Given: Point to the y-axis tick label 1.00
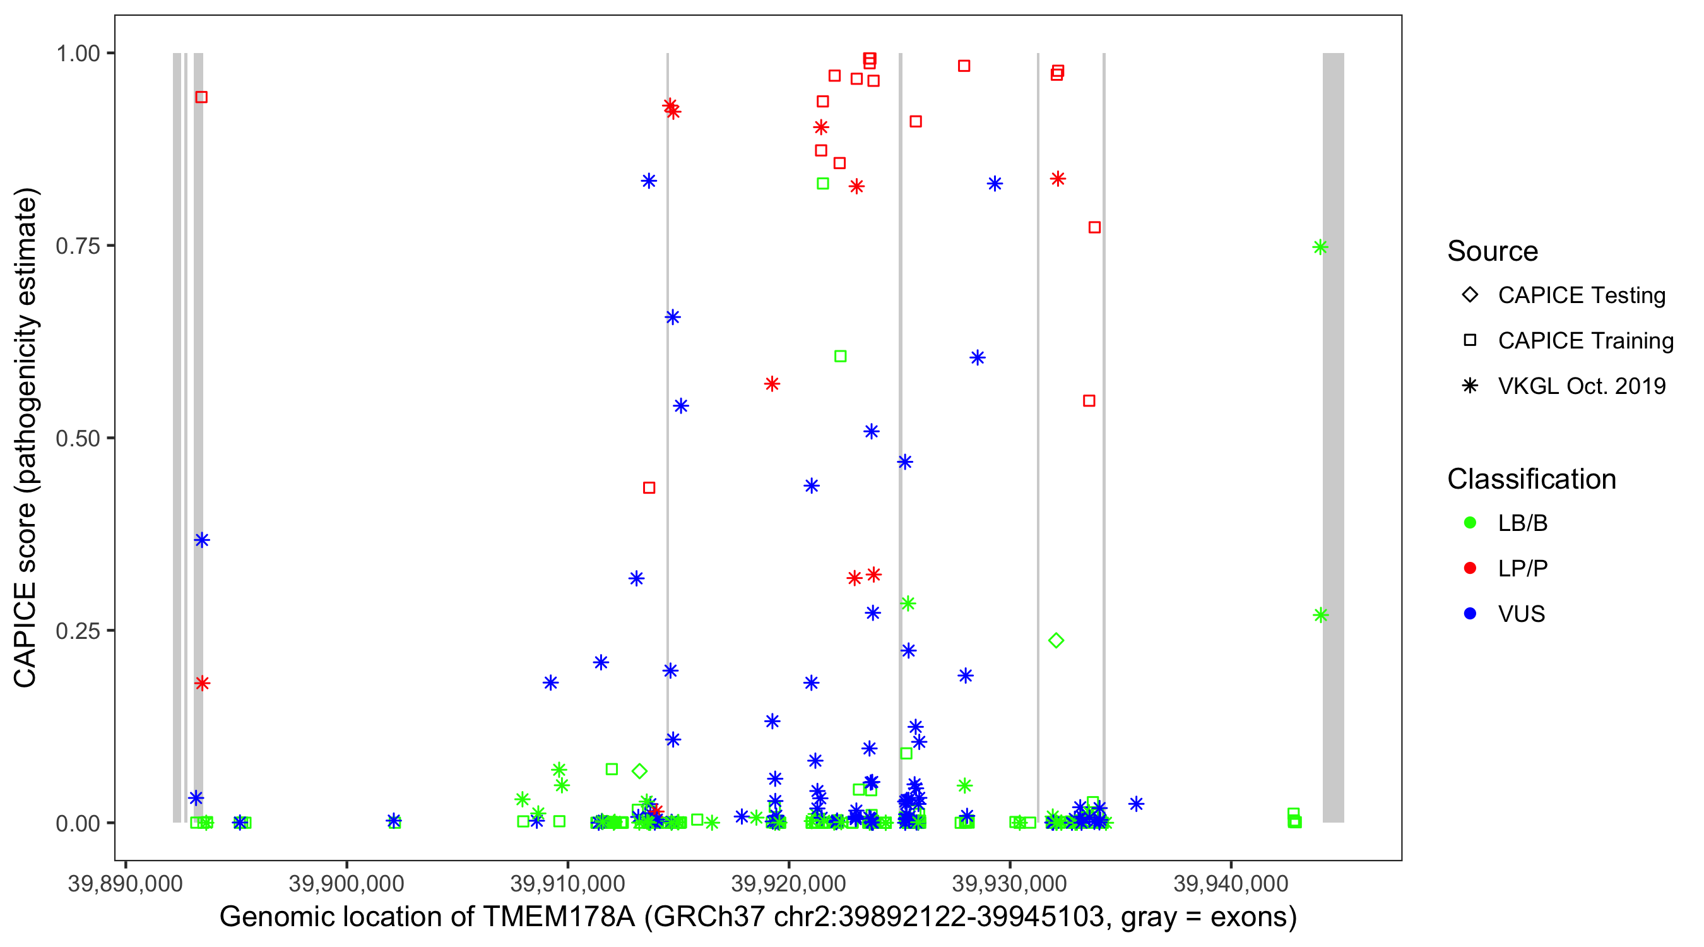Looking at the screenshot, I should [77, 54].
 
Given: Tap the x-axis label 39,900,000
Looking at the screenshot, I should [346, 883].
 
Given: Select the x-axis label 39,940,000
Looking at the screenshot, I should [1231, 883].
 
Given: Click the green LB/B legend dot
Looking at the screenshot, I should [1470, 523].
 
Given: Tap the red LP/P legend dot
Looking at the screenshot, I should [1470, 568].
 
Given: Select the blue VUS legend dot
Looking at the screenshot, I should [1470, 614].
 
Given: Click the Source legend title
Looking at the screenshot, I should [1493, 251].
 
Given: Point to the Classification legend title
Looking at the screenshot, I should [1531, 479].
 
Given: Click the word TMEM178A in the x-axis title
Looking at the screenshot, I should [559, 917].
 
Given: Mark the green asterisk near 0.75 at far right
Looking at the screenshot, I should [1320, 247].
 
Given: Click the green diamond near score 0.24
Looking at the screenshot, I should [1056, 641].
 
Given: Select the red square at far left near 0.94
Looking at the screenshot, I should [202, 97].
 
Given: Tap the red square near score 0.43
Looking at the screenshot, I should [649, 488].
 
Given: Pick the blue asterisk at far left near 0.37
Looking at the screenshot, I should [202, 540].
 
